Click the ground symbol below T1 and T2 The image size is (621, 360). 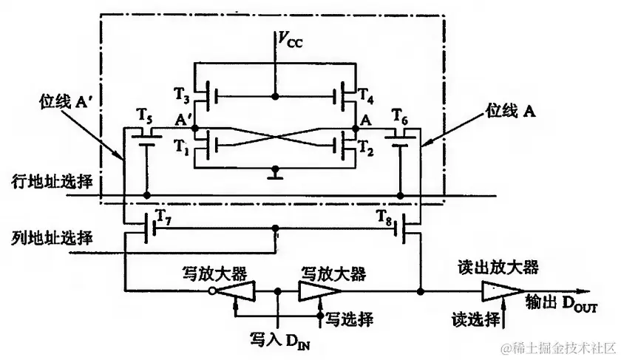click(275, 176)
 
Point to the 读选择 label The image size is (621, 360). click(474, 319)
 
